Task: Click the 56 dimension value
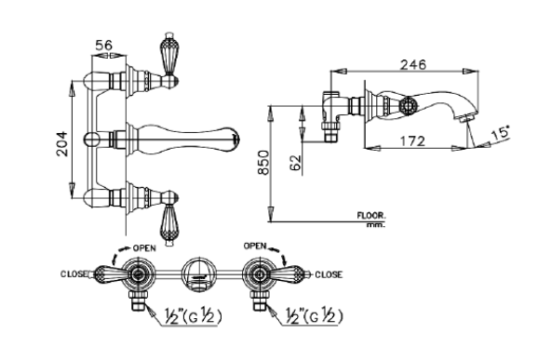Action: pyautogui.click(x=103, y=45)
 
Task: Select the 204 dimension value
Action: pyautogui.click(x=62, y=143)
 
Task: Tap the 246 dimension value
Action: pyautogui.click(x=413, y=64)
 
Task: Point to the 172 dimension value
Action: pyautogui.click(x=412, y=140)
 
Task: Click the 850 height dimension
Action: pyautogui.click(x=263, y=162)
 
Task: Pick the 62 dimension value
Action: pyautogui.click(x=295, y=163)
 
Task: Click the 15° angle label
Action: pyautogui.click(x=501, y=132)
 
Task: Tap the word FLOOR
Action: pyautogui.click(x=371, y=216)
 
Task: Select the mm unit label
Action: pyautogui.click(x=376, y=225)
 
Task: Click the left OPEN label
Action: pyautogui.click(x=144, y=247)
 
